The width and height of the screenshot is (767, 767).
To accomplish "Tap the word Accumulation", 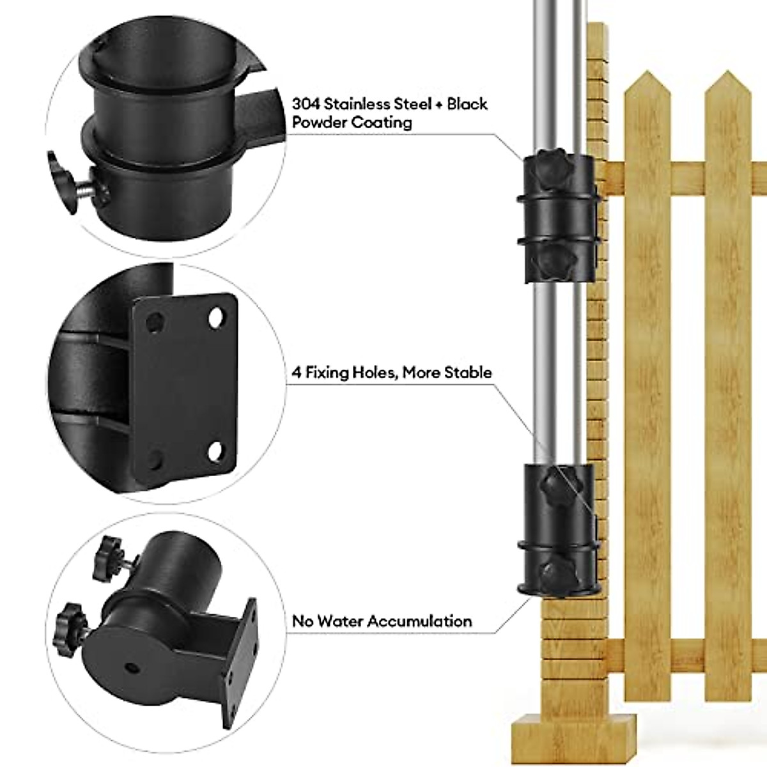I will click(x=423, y=621).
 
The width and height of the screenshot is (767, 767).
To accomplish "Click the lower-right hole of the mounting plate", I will click(x=215, y=451).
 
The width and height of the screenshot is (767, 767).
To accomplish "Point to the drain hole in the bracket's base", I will click(x=132, y=667).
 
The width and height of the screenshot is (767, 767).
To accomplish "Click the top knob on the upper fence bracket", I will click(x=548, y=166).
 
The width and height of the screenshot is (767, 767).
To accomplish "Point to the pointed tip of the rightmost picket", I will click(x=727, y=84).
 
